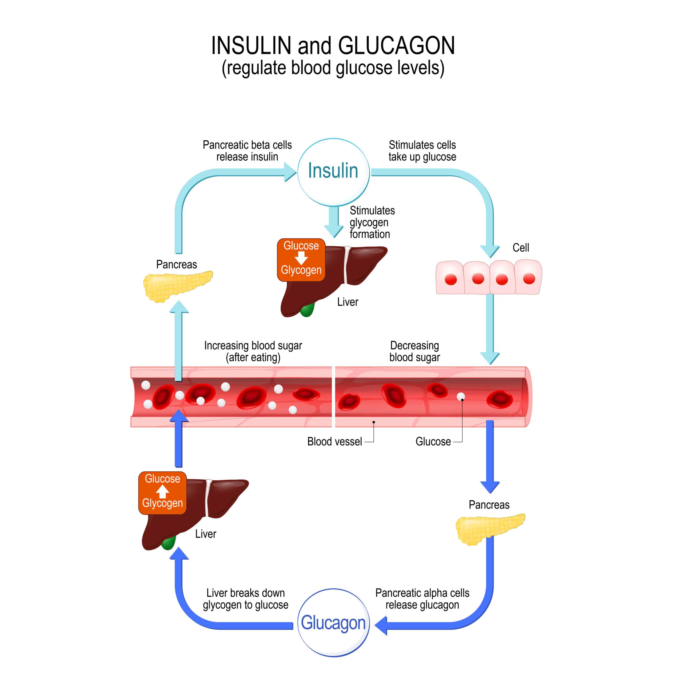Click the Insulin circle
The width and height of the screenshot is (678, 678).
333,172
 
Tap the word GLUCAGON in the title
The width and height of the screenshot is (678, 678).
396,46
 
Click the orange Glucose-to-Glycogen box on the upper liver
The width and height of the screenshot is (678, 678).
301,260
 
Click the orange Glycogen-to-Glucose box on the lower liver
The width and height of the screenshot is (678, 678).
162,493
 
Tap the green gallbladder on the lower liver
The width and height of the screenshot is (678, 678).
169,543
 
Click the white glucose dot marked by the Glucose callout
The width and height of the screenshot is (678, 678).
460,396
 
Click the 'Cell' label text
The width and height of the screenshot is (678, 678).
521,248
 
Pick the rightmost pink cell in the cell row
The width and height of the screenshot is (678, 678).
528,277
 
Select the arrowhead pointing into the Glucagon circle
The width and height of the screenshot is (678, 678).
381,625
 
